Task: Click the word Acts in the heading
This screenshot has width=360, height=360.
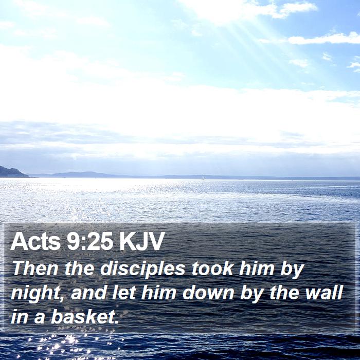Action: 35,241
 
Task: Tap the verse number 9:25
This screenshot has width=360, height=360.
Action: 90,241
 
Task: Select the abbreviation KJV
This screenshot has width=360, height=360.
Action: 142,241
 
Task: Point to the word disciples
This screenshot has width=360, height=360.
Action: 142,269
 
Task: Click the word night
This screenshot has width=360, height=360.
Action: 35,294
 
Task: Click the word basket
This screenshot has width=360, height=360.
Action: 83,316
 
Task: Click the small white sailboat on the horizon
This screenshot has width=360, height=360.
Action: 203,178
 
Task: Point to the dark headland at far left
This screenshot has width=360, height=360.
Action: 13,172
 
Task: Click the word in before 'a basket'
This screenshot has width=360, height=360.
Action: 20,316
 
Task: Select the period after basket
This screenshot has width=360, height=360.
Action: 117,322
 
